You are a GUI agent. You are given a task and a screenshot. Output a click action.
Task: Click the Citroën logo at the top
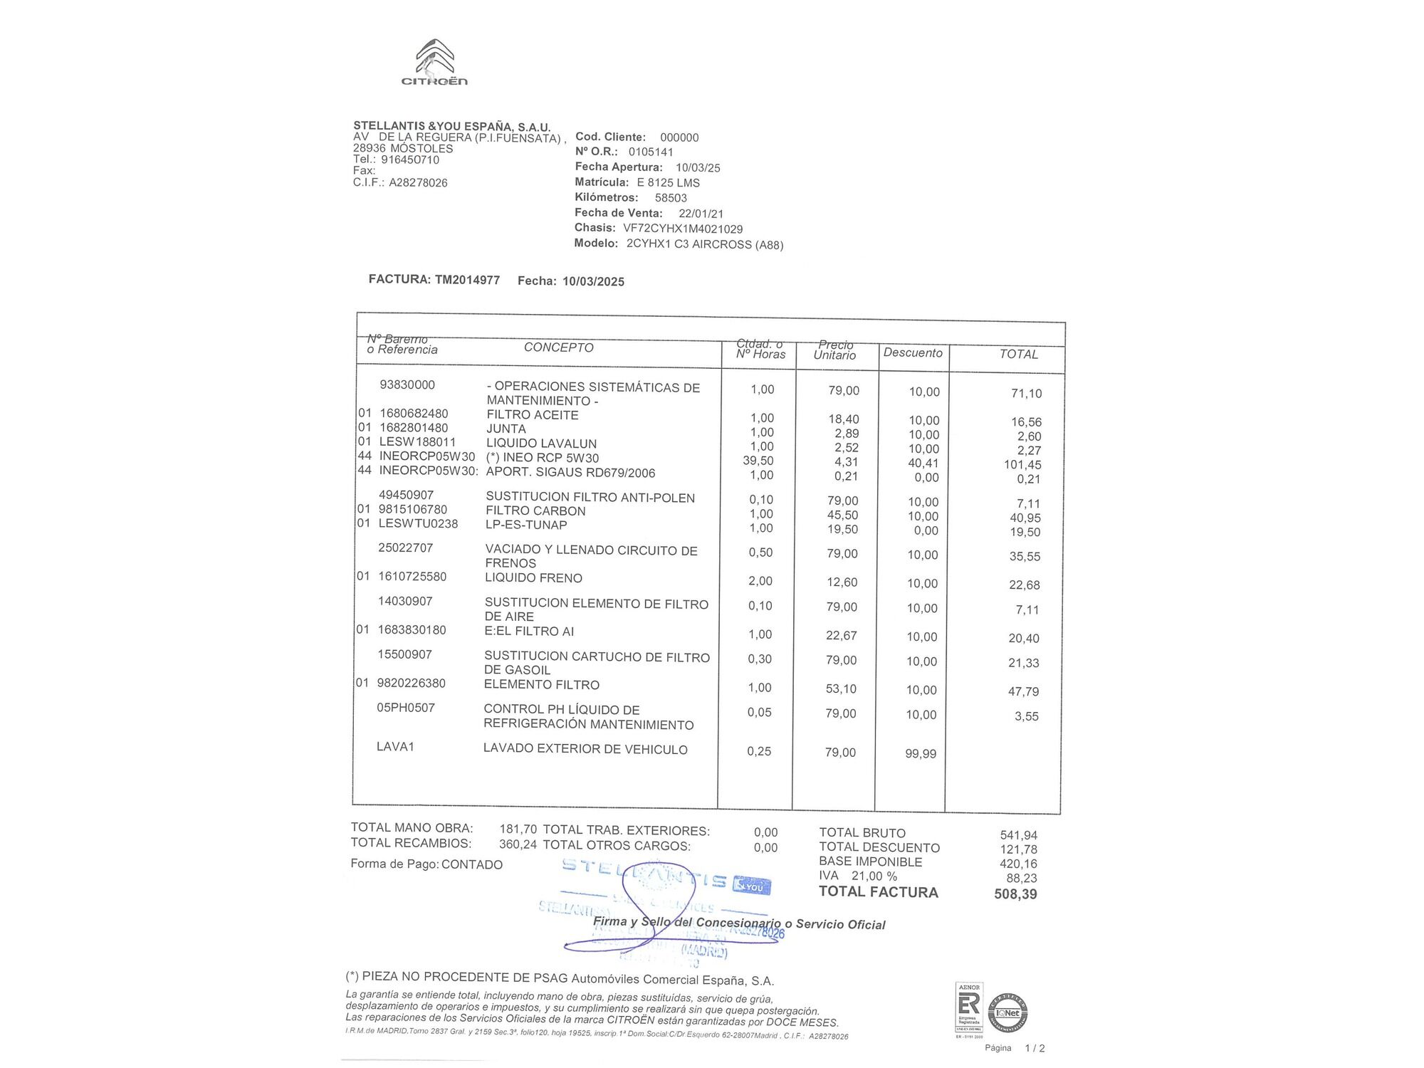[434, 63]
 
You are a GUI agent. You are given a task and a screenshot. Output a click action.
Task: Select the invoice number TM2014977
[467, 280]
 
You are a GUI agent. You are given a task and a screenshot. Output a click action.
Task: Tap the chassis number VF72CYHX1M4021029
[683, 229]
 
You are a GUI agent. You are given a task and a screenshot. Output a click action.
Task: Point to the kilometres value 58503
[671, 198]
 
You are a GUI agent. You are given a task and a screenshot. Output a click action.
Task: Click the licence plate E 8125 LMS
[668, 183]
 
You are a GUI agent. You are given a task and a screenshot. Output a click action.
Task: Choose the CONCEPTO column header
[558, 347]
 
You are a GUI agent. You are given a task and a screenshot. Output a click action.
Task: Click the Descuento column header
[912, 352]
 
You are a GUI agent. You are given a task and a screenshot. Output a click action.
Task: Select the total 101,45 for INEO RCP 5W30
[1022, 465]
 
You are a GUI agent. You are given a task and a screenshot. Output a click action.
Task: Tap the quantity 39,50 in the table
[758, 461]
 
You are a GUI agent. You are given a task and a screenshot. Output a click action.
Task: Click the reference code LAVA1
[395, 747]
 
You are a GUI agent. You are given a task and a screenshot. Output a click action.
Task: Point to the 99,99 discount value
[921, 754]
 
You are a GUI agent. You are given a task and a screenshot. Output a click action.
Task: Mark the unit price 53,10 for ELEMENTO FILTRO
[841, 689]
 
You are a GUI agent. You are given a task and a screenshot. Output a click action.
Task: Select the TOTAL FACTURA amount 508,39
[1015, 894]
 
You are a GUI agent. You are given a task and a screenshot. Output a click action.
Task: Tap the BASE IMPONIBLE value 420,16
[1018, 864]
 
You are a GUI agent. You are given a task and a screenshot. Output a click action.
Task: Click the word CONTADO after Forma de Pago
[471, 864]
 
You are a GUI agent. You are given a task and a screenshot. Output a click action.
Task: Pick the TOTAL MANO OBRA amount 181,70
[518, 829]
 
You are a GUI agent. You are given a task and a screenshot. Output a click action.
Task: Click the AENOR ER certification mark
[968, 1007]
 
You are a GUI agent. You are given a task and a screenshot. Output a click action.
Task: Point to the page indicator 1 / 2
[1034, 1048]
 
